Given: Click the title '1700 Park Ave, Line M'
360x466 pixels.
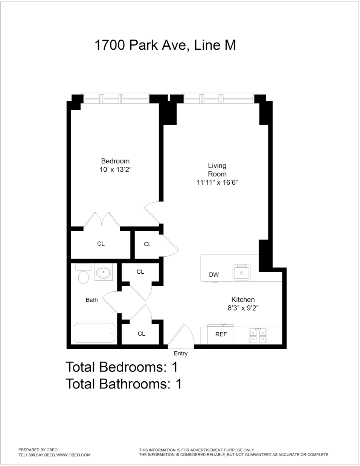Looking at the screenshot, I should (165, 45).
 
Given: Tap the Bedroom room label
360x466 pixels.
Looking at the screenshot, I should (115, 161).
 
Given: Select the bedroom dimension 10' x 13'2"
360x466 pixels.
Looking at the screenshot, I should (115, 170).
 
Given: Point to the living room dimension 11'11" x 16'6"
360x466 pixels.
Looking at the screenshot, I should (217, 183).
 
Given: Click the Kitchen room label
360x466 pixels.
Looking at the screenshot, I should (243, 300).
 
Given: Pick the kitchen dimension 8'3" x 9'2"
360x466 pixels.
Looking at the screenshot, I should (243, 308).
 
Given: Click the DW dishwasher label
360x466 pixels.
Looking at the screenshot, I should (214, 275).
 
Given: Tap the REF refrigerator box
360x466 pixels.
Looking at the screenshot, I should (221, 334).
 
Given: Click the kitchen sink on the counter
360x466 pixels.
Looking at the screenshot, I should (241, 272).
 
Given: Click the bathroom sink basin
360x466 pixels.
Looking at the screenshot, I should (103, 273).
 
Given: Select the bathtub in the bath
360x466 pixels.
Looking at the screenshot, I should (94, 333).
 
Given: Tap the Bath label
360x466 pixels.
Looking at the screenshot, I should (92, 300).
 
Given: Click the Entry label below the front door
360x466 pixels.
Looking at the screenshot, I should (180, 353).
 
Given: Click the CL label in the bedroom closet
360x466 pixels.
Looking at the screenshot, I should (101, 244).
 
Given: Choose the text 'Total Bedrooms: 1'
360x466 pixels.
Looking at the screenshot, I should (121, 367).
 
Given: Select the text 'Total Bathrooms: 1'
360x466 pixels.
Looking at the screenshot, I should (124, 384).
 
